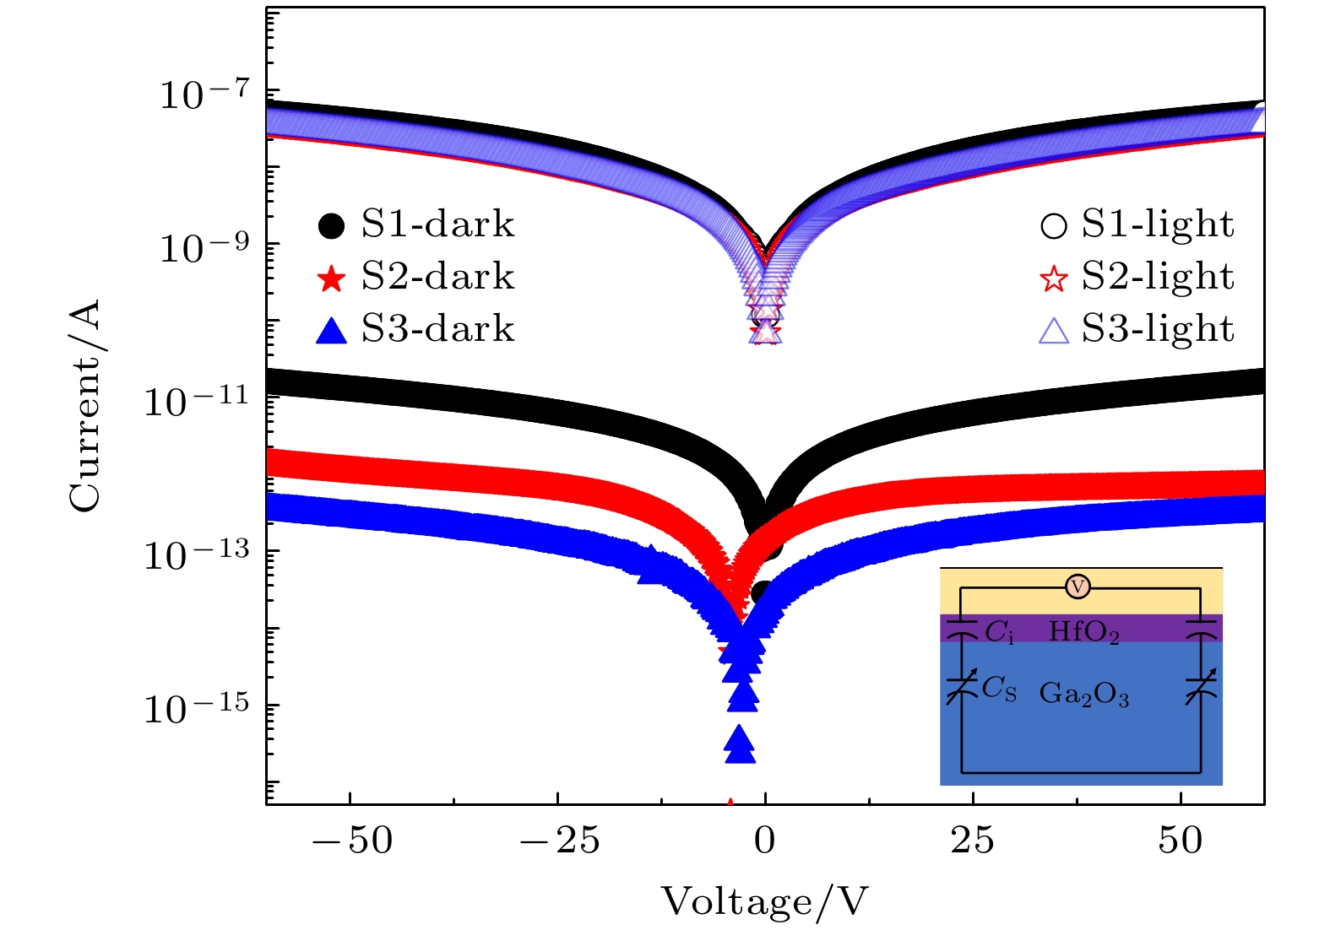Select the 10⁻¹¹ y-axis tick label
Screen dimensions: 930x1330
tap(196, 401)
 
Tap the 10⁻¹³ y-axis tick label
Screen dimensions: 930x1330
tap(196, 554)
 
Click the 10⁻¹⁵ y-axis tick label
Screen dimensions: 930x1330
tap(196, 708)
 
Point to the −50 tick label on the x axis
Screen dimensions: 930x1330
tap(351, 841)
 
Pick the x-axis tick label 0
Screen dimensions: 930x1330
tap(765, 841)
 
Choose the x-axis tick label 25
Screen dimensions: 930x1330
tap(973, 841)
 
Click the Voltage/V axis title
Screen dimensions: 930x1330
tap(764, 902)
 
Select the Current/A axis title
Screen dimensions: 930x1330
tap(85, 405)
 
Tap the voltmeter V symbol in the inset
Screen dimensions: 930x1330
tap(1078, 587)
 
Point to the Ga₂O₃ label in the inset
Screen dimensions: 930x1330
tap(1083, 694)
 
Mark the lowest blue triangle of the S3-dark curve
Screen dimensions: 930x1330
tap(740, 746)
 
